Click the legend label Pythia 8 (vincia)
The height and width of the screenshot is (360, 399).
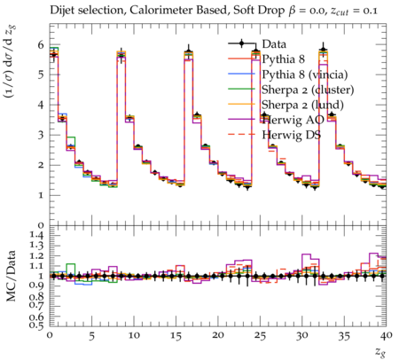(304, 74)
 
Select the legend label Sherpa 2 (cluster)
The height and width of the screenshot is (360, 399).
(308, 90)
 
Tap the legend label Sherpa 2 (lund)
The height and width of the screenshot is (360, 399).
(302, 105)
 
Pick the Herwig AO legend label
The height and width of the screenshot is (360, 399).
(293, 120)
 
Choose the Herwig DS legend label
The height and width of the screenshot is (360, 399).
(291, 135)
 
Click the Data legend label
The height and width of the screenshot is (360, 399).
(274, 44)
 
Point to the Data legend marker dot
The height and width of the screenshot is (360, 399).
(241, 43)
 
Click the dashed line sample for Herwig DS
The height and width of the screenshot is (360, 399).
(241, 135)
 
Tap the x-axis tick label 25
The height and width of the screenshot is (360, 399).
(260, 336)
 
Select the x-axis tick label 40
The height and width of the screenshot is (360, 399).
(387, 336)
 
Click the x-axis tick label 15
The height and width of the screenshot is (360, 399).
(176, 336)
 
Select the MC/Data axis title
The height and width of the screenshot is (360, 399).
(11, 276)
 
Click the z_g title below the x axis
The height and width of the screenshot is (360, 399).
(380, 352)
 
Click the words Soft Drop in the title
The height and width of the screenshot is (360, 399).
(259, 11)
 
